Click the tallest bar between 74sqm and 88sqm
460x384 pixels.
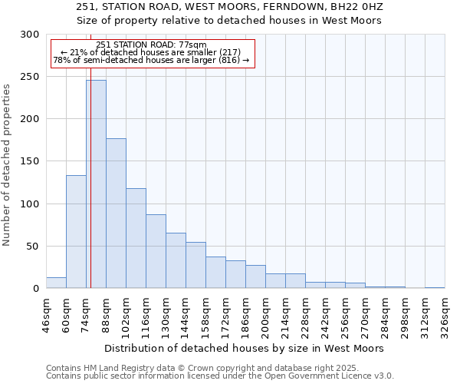96,184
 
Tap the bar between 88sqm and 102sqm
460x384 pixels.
116,214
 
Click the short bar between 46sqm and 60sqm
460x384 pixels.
56,283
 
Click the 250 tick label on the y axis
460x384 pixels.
30,77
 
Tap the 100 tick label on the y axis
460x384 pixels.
30,204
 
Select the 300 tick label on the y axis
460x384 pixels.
30,35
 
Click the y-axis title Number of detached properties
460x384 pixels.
8,165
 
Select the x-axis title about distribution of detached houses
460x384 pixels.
245,348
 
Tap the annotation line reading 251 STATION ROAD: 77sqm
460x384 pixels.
151,45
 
